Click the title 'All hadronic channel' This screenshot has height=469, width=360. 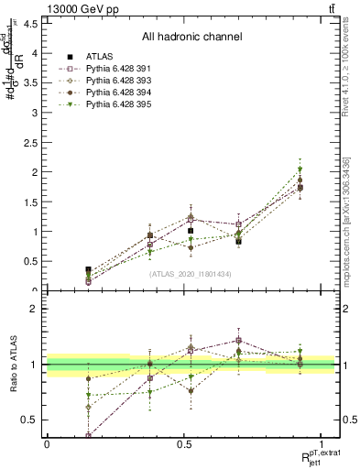click(191, 37)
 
